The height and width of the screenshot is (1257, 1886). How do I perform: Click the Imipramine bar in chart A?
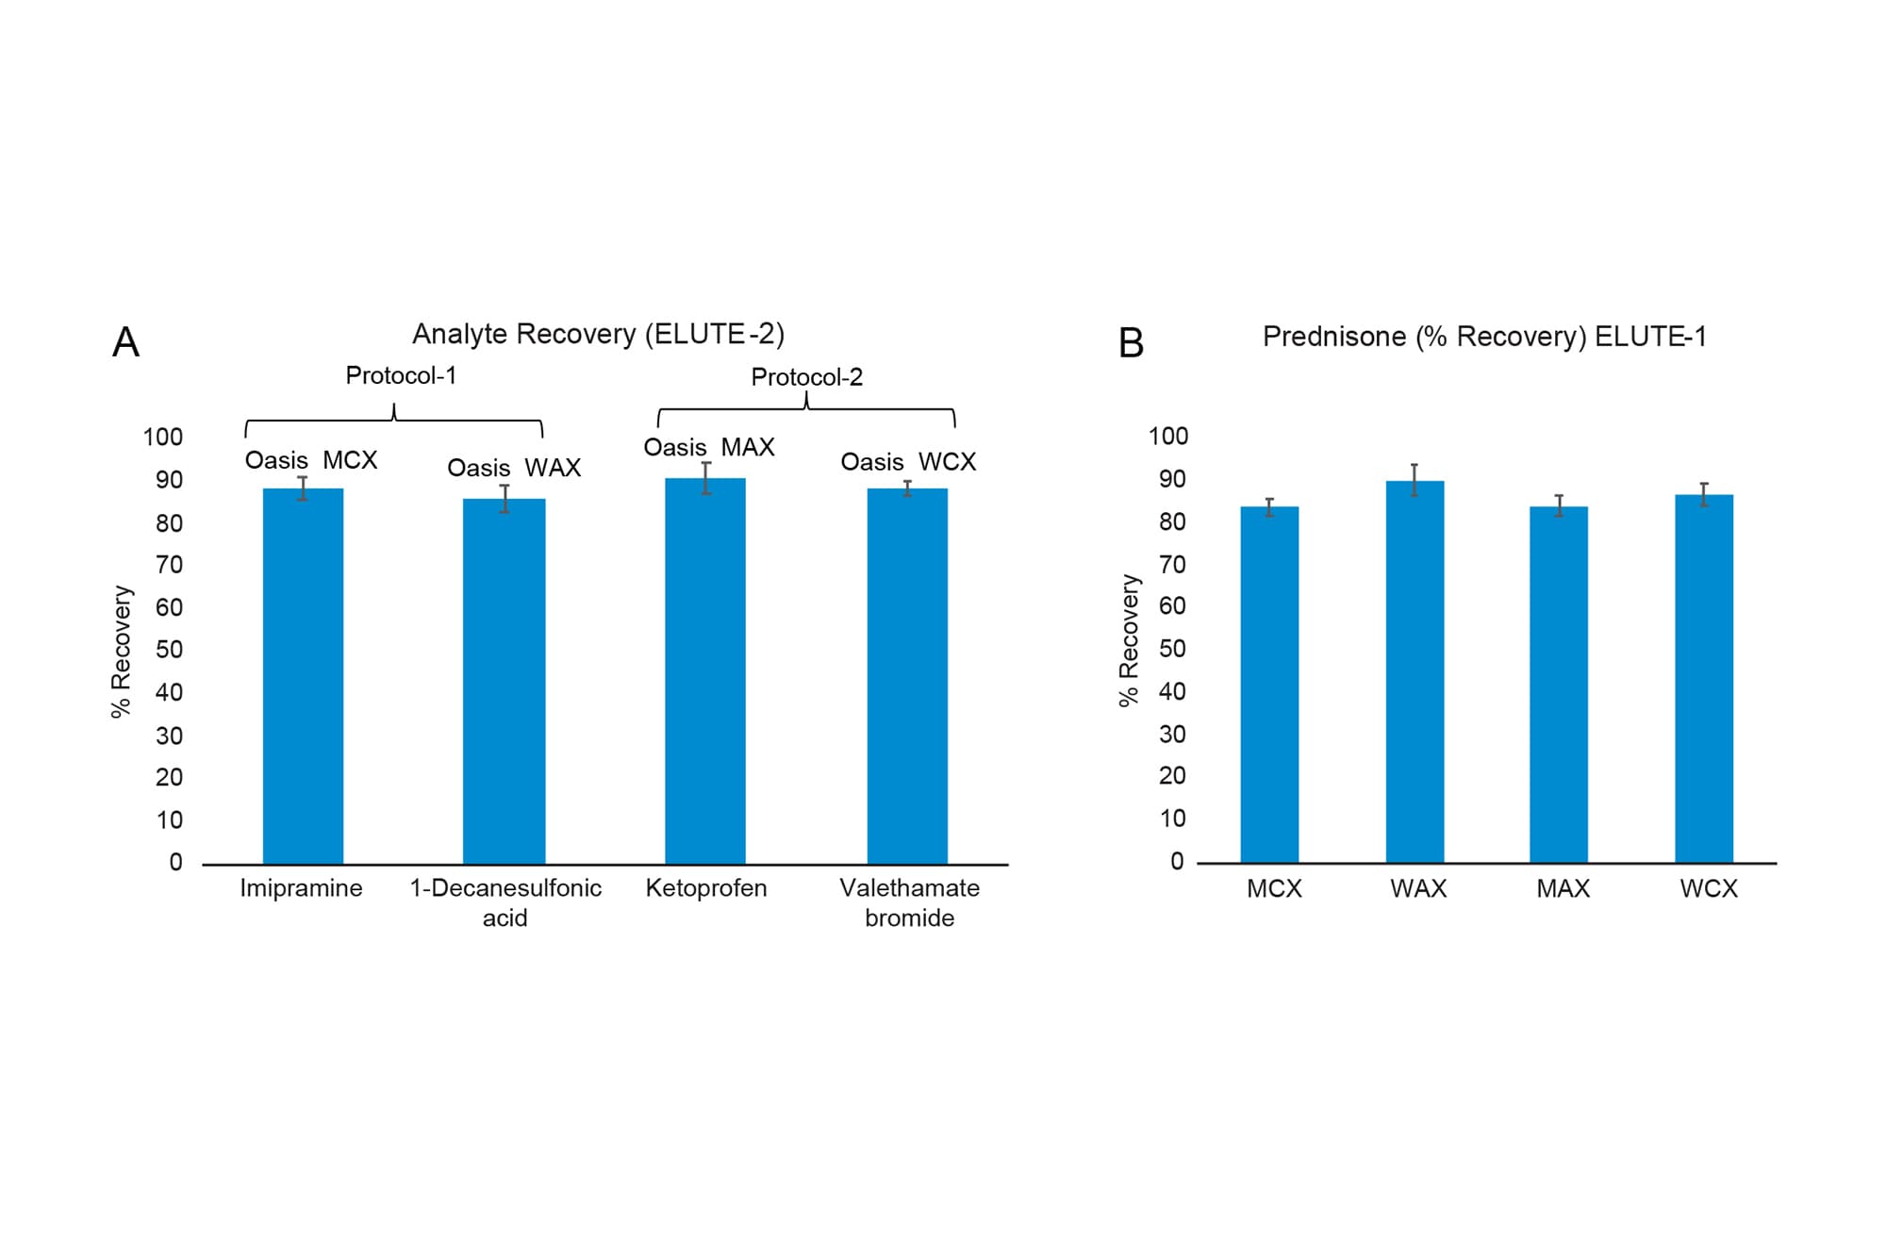303,675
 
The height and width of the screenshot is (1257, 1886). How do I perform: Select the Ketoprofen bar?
705,670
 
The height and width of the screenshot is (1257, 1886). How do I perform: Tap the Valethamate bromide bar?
907,675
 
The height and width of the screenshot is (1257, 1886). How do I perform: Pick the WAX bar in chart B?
1414,671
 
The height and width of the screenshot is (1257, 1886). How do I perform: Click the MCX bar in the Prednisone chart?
1269,685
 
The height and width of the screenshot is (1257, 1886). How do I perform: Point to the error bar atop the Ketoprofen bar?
706,478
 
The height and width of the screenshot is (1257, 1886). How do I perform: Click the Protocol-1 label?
401,375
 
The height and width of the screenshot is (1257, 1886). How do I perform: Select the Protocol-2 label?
806,377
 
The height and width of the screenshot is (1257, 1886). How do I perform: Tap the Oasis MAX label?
709,447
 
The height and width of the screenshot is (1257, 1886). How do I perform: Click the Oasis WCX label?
908,462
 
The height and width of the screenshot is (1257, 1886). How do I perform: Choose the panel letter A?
125,342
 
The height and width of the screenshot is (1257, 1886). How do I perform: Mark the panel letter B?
1131,343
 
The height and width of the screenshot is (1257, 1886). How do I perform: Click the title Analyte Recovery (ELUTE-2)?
598,334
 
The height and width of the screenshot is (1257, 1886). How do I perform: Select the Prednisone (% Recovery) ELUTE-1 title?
1484,337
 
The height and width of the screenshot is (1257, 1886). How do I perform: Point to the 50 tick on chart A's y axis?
170,650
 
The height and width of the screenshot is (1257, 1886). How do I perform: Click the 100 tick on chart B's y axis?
1168,437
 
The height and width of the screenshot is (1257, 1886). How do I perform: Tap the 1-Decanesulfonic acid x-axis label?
505,902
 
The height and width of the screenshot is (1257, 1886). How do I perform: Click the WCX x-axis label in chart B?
1708,888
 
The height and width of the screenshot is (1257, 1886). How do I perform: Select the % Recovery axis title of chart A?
122,652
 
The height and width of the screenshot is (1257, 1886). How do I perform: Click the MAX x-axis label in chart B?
1563,888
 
